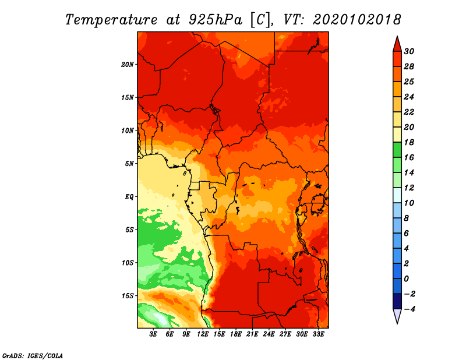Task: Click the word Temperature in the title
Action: [x=111, y=20]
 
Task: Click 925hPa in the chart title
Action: [x=216, y=20]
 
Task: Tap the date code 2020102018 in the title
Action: [x=357, y=20]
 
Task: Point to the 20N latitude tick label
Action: [x=128, y=65]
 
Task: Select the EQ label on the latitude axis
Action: [x=129, y=197]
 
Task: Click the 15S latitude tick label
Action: [x=128, y=296]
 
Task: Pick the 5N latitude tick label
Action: [x=129, y=164]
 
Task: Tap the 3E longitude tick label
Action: [x=153, y=334]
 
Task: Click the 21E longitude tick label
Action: [x=252, y=334]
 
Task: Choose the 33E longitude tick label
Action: [x=318, y=334]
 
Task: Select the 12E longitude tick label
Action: [x=203, y=334]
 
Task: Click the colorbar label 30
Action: [x=409, y=51]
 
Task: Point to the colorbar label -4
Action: [x=409, y=309]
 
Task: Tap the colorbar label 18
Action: [x=409, y=142]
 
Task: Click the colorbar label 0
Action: [x=407, y=279]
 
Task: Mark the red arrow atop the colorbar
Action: [x=397, y=44]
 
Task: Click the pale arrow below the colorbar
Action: [x=397, y=316]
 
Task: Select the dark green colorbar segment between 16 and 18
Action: [x=397, y=150]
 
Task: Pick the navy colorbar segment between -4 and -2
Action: [x=397, y=301]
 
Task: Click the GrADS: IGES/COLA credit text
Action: [x=33, y=356]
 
